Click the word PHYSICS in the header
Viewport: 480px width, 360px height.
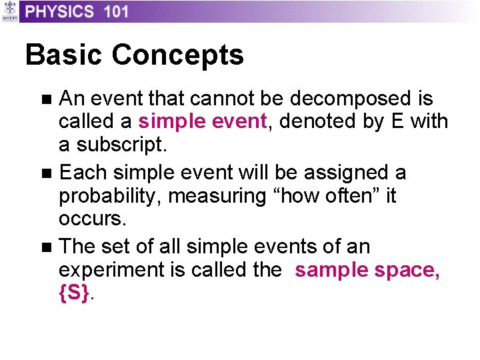tap(60, 11)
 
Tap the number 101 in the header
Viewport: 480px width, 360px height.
tap(115, 11)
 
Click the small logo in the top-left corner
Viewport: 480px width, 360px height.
tap(9, 11)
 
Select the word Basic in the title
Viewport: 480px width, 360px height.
tap(64, 55)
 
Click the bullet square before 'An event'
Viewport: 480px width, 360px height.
tap(45, 100)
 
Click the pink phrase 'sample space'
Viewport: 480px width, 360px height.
tap(367, 271)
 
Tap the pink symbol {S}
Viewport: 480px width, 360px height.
tap(73, 294)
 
